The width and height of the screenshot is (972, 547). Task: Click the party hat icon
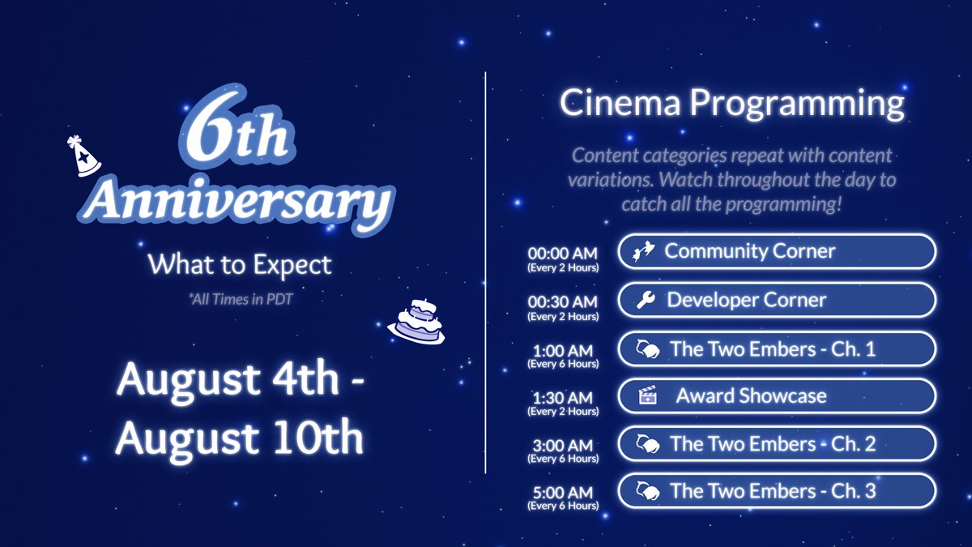[83, 156]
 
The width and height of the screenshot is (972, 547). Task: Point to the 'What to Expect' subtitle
[240, 264]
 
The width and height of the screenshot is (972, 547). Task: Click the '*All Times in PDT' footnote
[240, 300]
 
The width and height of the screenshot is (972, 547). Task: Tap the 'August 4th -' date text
[240, 379]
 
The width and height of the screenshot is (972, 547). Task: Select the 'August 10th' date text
[240, 438]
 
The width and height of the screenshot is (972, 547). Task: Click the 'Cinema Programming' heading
[731, 104]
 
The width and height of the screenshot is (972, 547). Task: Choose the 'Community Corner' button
[776, 251]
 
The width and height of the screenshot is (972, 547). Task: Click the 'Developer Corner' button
[776, 300]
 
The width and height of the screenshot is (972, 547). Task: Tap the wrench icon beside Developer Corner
[646, 301]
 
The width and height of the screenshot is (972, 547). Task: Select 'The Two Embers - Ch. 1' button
[776, 349]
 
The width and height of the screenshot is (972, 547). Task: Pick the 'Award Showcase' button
[776, 396]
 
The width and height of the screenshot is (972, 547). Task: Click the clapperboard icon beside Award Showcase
[646, 396]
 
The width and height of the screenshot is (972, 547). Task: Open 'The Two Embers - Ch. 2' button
[776, 444]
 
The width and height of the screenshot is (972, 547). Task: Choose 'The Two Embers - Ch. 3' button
[776, 491]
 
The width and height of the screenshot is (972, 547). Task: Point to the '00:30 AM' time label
[563, 301]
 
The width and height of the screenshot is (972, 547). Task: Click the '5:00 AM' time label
[563, 492]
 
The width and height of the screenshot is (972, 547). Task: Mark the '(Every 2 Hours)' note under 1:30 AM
[563, 412]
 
